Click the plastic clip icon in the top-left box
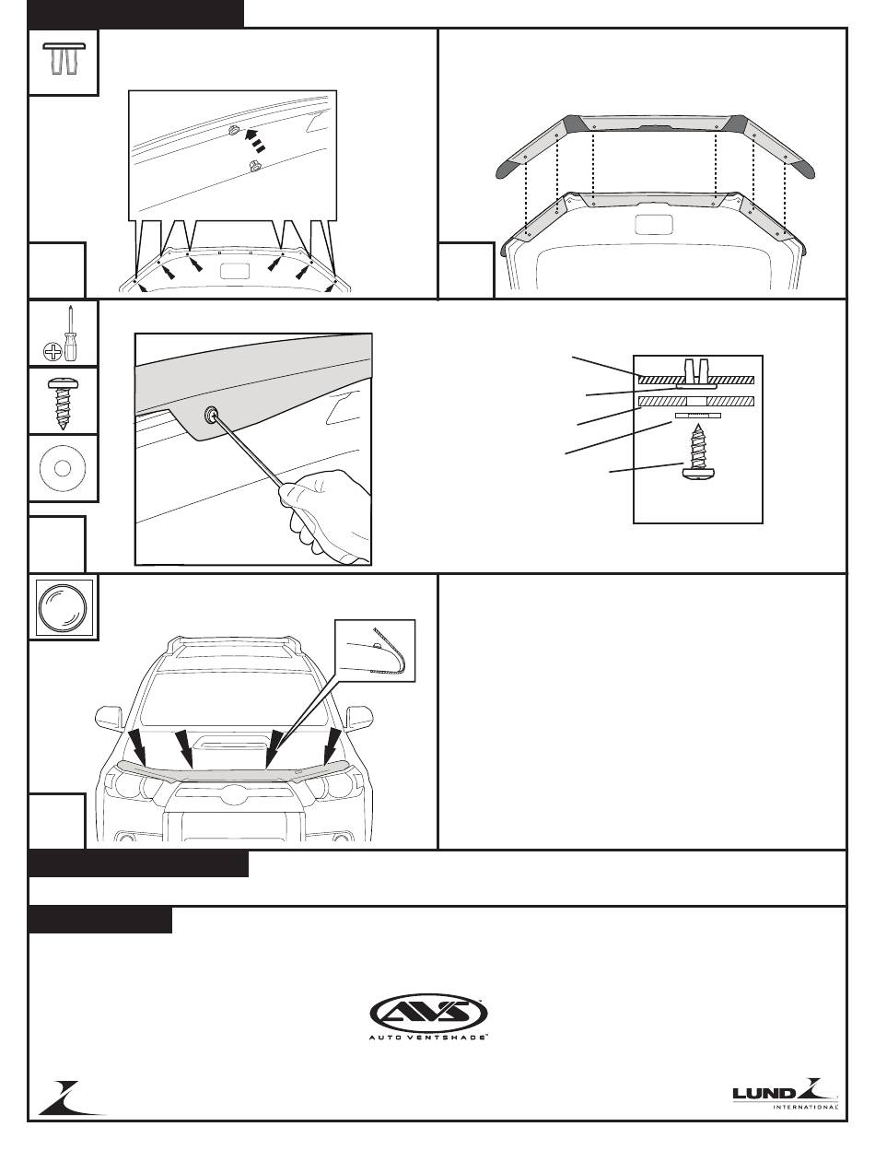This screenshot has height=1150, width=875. click(64, 59)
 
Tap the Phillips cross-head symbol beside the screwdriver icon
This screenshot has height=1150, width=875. click(52, 352)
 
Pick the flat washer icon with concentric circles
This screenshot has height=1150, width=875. click(63, 468)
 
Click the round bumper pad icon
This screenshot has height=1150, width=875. click(63, 607)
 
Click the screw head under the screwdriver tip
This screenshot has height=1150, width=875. click(212, 415)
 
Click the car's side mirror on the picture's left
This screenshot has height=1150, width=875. click(109, 717)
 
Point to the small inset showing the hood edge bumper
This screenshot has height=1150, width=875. click(375, 651)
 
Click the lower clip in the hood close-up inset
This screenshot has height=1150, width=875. click(255, 166)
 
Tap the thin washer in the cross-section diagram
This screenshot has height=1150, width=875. click(698, 415)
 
